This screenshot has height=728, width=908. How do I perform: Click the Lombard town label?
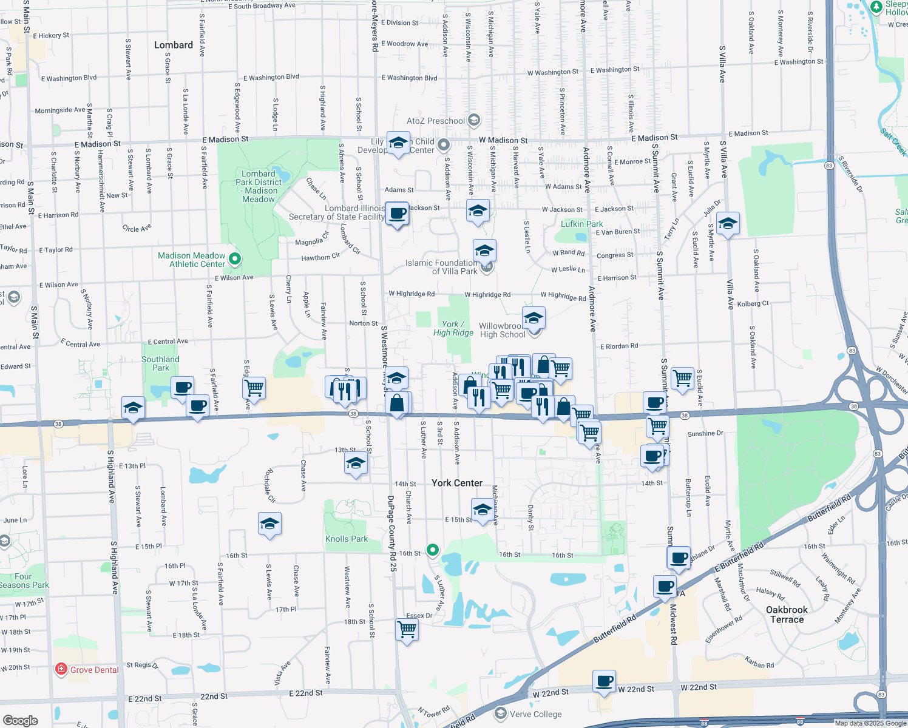[x=173, y=45]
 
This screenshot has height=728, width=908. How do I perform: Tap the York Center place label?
[x=457, y=483]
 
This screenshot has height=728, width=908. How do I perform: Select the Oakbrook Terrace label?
[x=787, y=615]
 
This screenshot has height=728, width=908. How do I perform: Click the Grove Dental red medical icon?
[x=61, y=670]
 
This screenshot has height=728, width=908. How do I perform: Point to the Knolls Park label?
[x=347, y=539]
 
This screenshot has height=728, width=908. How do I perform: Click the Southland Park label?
[x=160, y=363]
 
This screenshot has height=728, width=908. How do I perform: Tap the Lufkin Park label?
[x=581, y=224]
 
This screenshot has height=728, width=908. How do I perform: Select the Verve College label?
[x=535, y=714]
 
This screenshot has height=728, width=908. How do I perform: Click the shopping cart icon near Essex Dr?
[x=407, y=630]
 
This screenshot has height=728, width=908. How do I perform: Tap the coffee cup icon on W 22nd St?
[x=605, y=681]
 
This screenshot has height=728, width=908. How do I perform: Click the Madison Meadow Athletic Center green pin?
[x=235, y=259]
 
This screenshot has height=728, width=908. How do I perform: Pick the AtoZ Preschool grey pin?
[x=474, y=120]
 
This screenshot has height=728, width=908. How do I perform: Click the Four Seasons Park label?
[x=24, y=581]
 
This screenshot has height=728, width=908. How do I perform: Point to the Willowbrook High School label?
[x=502, y=330]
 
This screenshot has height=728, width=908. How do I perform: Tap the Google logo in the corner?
[x=20, y=720]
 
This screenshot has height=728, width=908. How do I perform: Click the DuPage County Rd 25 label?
[x=392, y=534]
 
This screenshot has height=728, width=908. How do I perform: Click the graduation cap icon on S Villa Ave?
[x=728, y=223]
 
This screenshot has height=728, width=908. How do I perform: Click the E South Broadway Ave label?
[x=262, y=6]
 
